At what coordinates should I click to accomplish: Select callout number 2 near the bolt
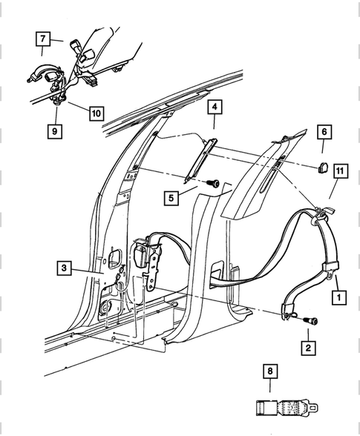pyautogui.click(x=307, y=346)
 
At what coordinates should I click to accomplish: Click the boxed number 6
pyautogui.click(x=324, y=133)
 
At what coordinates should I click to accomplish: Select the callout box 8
pyautogui.click(x=269, y=372)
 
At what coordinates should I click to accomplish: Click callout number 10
pyautogui.click(x=96, y=113)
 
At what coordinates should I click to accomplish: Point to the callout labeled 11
pyautogui.click(x=340, y=171)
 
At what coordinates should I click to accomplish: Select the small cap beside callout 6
pyautogui.click(x=323, y=165)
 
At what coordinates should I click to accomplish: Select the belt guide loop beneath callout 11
pyautogui.click(x=315, y=214)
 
